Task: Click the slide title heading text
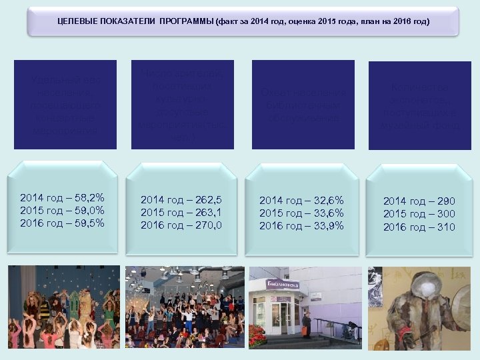(243, 22)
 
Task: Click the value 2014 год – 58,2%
(62, 198)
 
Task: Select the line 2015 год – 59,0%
(62, 211)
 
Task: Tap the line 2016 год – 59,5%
(62, 223)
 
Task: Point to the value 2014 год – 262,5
(181, 200)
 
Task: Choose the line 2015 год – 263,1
(181, 213)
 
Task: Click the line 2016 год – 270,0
(181, 225)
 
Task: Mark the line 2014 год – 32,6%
(301, 200)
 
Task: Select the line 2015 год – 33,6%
(301, 213)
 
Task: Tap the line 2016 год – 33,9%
(301, 225)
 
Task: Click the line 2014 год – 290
(419, 201)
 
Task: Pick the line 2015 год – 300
(419, 214)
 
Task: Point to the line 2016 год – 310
(419, 227)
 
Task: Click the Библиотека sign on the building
(283, 285)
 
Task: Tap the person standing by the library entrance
(306, 325)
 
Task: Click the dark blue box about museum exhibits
(420, 105)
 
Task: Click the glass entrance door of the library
(286, 317)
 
